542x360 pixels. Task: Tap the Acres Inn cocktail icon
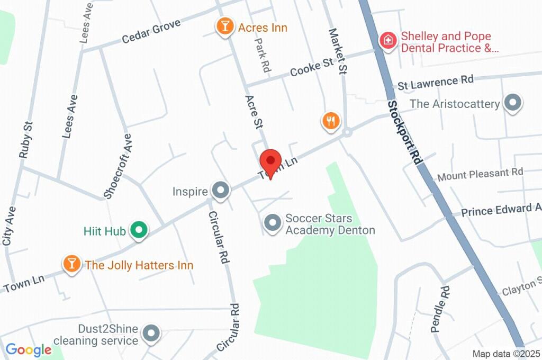pos(225,26)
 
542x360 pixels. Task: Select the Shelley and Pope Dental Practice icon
pos(388,41)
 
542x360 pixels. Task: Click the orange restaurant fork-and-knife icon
pos(331,121)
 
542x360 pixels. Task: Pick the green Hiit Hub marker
pos(139,230)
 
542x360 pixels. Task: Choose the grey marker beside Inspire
pos(220,190)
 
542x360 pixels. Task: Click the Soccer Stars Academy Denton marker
pos(273,223)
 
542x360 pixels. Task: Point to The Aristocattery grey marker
pos(512,103)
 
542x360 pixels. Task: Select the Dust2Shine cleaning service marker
pos(152,333)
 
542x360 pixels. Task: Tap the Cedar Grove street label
pos(151,32)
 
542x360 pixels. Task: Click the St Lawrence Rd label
pos(436,82)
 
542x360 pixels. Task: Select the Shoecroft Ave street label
pos(118,165)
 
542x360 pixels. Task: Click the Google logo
pos(29,349)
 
